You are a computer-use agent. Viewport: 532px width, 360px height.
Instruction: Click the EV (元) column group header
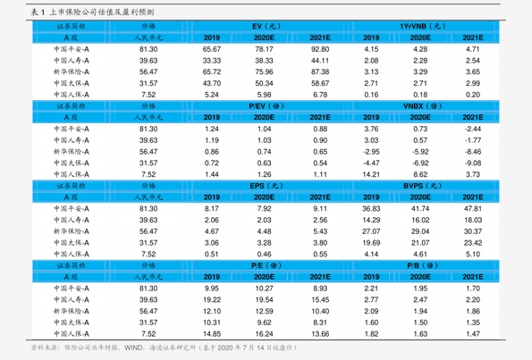(266, 26)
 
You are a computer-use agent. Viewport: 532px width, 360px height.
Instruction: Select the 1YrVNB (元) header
(422, 26)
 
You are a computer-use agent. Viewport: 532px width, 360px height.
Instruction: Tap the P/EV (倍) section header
(266, 106)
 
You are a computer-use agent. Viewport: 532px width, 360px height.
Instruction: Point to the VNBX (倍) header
(422, 106)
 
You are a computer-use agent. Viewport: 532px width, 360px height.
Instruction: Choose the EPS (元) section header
(266, 186)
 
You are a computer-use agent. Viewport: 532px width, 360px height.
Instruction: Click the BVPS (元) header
(422, 186)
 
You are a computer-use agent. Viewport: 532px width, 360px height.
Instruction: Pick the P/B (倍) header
(422, 265)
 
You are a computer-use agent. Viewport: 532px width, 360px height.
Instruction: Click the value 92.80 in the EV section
(320, 49)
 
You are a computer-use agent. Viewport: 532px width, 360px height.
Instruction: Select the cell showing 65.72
(212, 71)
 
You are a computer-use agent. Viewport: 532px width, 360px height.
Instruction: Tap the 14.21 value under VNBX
(371, 174)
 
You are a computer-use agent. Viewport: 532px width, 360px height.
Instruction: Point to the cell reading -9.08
(473, 163)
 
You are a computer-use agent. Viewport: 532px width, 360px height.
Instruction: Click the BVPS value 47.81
(473, 208)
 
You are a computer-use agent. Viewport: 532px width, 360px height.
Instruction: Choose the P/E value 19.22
(212, 299)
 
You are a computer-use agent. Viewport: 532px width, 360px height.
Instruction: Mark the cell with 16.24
(264, 334)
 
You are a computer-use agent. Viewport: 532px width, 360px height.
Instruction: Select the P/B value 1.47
(473, 334)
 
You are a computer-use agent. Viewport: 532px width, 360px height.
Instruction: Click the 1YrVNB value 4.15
(371, 49)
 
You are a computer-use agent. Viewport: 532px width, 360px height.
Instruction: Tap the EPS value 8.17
(212, 208)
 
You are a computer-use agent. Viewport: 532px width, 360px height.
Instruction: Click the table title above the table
(92, 13)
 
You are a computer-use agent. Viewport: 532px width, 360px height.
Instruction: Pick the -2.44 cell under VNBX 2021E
(473, 129)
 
